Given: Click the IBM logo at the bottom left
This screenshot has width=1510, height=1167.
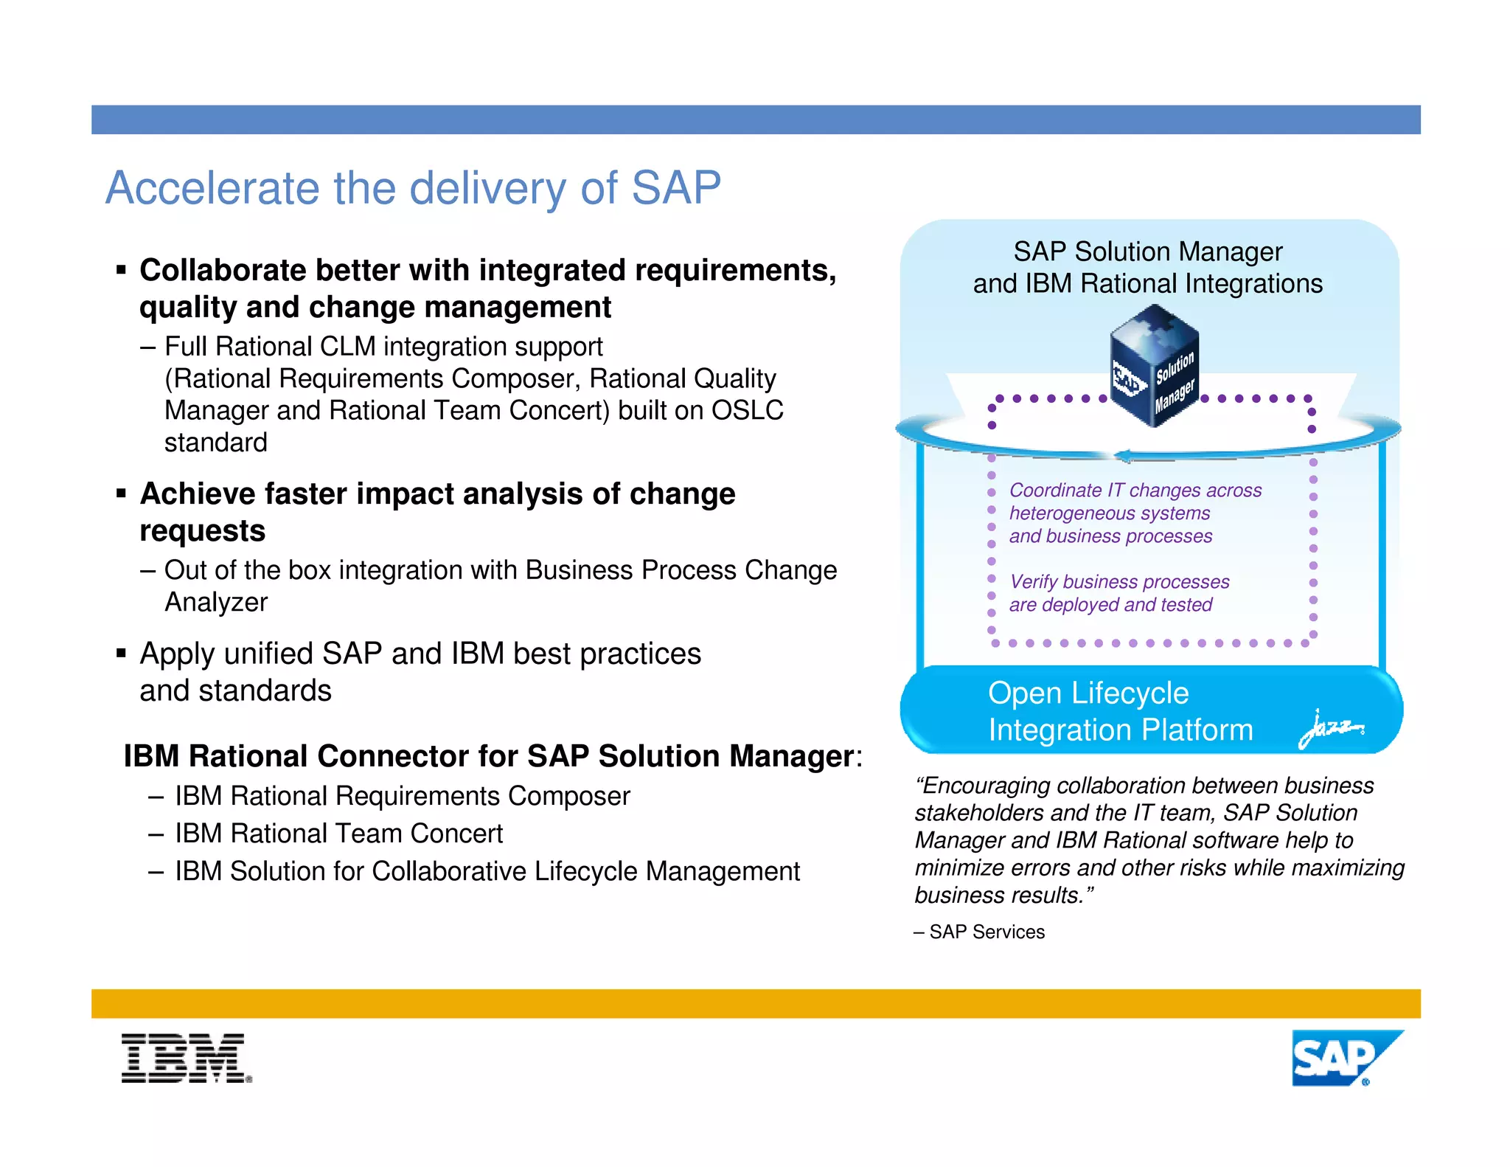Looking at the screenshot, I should click(186, 1058).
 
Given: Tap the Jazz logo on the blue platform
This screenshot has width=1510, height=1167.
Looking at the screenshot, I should click(1332, 728).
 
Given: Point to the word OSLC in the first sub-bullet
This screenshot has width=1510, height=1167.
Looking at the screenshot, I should click(746, 410).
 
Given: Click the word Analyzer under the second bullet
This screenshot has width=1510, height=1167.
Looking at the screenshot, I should click(216, 603).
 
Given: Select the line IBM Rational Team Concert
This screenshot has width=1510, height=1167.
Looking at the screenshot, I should click(338, 834).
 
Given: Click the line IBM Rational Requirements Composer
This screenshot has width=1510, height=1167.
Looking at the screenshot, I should click(402, 796).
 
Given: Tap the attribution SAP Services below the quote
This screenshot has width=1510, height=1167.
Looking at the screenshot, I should click(987, 932).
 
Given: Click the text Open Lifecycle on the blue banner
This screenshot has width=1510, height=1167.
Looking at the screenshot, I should click(1088, 693).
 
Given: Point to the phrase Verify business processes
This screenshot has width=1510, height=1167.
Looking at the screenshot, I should click(1119, 582).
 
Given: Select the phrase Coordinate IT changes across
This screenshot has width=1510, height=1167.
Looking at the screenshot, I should click(1135, 491).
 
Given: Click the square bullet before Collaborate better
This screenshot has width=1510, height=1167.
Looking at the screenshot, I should click(121, 271).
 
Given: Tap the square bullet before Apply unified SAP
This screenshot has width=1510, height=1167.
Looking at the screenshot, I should click(121, 654).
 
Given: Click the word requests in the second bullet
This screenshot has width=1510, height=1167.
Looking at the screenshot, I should click(203, 531).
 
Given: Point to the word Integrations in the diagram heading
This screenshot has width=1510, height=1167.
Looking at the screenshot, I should click(1254, 284).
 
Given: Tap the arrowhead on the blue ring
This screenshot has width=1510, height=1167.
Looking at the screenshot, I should click(1123, 456).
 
